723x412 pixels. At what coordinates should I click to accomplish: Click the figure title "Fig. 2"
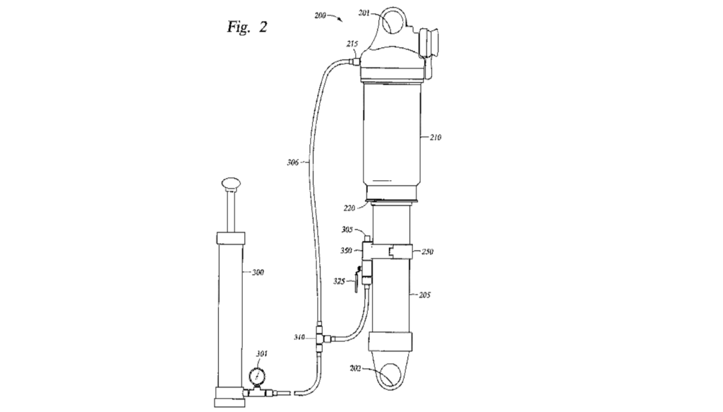[247, 28]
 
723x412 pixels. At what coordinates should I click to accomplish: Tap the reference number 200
[324, 15]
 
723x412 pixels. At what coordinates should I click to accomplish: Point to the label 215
[352, 44]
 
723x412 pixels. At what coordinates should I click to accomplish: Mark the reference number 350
[346, 249]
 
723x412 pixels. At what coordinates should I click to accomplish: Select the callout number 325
[340, 281]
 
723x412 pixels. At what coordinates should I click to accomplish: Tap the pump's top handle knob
[231, 184]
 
